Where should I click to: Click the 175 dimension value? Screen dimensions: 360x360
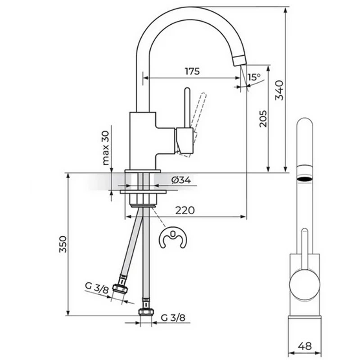(x=193, y=71)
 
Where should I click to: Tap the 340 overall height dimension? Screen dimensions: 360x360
(x=279, y=90)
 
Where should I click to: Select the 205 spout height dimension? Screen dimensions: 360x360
(x=263, y=119)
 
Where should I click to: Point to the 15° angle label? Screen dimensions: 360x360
(x=254, y=77)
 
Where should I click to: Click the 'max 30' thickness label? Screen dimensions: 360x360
(x=105, y=148)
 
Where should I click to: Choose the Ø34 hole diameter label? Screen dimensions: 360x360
(x=181, y=180)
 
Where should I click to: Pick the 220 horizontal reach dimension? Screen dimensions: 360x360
(x=185, y=210)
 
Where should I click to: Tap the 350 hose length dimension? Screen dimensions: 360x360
(x=63, y=244)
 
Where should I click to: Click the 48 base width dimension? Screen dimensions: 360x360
(x=305, y=346)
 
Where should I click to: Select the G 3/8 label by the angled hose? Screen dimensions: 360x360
(x=97, y=288)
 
